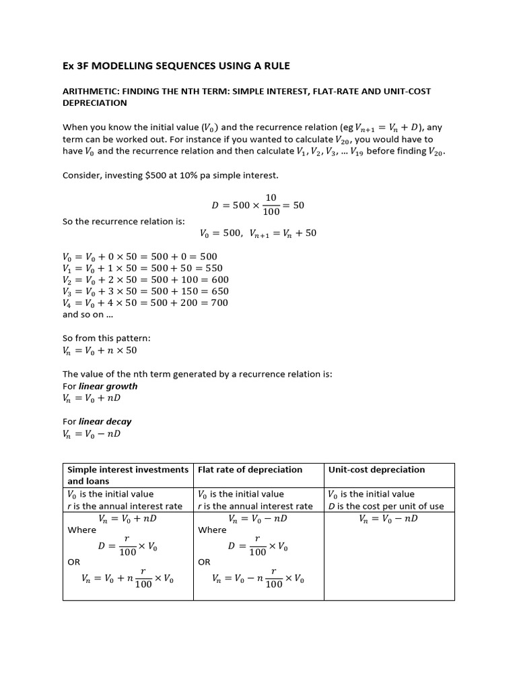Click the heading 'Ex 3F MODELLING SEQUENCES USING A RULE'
click(x=176, y=65)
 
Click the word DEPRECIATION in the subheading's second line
click(x=94, y=103)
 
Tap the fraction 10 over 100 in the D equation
click(x=271, y=205)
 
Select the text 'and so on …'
click(x=88, y=314)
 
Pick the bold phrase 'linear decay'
click(x=105, y=421)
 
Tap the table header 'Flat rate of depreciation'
click(x=250, y=470)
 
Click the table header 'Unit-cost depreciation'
click(x=376, y=470)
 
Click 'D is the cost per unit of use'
click(x=386, y=506)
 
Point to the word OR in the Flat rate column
click(x=205, y=561)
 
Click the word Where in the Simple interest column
click(x=82, y=530)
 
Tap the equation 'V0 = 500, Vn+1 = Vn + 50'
click(x=258, y=233)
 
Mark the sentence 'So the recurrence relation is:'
click(x=123, y=221)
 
